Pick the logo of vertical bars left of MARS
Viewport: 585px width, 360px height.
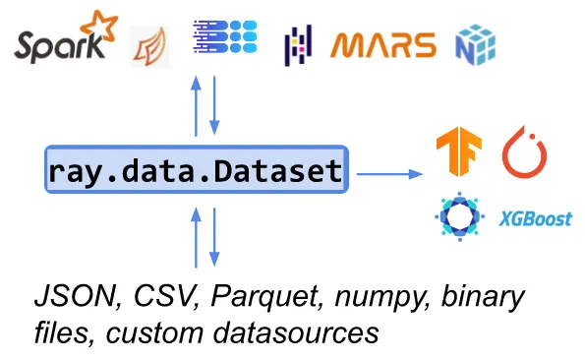click(x=297, y=45)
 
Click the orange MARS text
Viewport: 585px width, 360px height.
click(x=382, y=45)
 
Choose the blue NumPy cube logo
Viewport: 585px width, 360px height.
click(x=475, y=44)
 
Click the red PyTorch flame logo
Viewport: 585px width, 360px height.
click(x=524, y=154)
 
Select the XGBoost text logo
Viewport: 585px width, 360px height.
click(x=535, y=218)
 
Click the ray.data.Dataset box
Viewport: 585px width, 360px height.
click(x=196, y=173)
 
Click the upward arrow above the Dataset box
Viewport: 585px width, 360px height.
click(x=197, y=107)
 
